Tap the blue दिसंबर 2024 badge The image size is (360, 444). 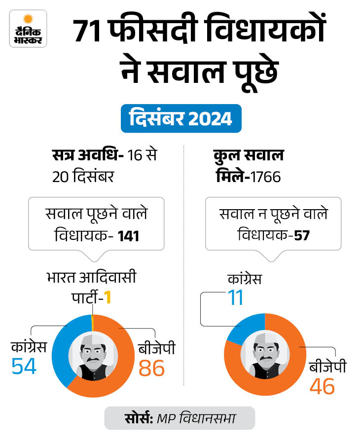click(181, 119)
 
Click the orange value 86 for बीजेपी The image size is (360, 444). click(152, 368)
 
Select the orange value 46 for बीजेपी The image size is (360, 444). click(322, 385)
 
